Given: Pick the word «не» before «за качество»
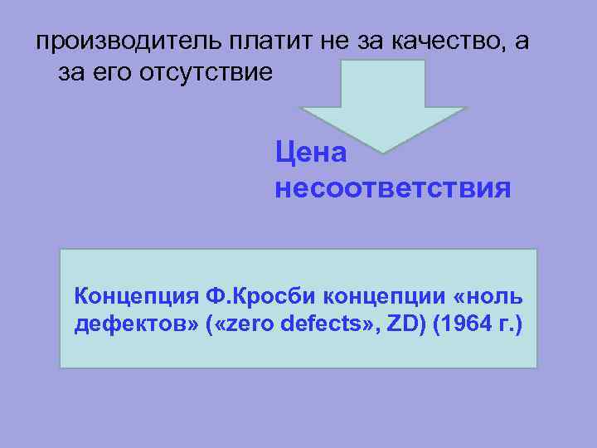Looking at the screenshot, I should point(332,42).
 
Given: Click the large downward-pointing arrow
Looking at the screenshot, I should point(383,104).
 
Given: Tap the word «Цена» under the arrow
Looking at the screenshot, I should point(311,153).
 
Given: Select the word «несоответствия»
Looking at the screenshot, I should point(392,189).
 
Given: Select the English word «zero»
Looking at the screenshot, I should point(249,324).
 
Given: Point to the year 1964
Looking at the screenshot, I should point(465,324).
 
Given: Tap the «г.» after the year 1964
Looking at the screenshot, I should point(508,324).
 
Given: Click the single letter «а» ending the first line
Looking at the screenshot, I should point(520,42).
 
